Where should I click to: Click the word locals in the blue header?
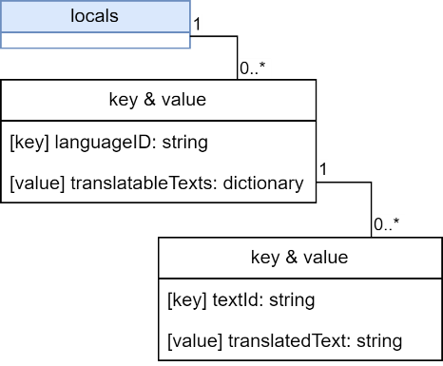[x=94, y=16]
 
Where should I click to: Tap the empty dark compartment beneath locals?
[x=95, y=40]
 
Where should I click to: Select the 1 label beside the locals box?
[x=197, y=24]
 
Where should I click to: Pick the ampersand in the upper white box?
[x=147, y=100]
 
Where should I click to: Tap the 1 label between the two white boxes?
[x=322, y=169]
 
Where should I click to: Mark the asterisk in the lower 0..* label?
[x=400, y=223]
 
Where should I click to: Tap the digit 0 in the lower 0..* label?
[x=378, y=225]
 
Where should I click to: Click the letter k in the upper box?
[x=116, y=100]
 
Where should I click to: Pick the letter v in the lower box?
[x=303, y=258]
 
